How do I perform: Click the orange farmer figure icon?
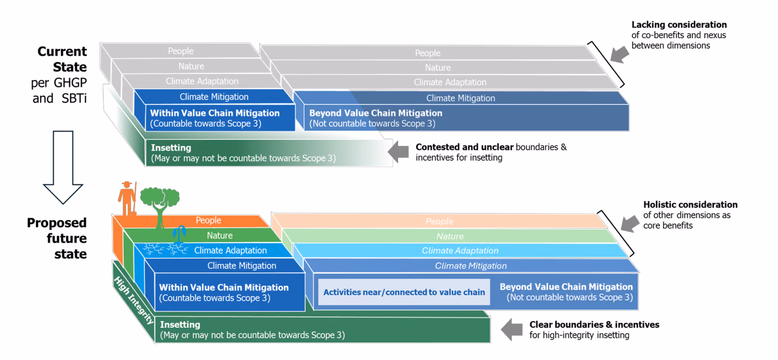pyautogui.click(x=127, y=199)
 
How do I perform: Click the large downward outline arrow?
pyautogui.click(x=63, y=167)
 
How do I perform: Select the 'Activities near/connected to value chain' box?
pyautogui.click(x=404, y=292)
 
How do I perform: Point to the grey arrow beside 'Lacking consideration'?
pyautogui.click(x=620, y=54)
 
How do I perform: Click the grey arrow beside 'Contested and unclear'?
pyautogui.click(x=398, y=152)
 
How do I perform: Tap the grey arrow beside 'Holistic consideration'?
pyautogui.click(x=630, y=224)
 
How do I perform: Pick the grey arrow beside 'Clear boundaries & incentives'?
pyautogui.click(x=511, y=329)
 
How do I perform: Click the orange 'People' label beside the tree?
pyautogui.click(x=208, y=220)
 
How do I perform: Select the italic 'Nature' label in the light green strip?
pyautogui.click(x=450, y=236)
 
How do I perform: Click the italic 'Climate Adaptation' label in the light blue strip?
pyautogui.click(x=460, y=251)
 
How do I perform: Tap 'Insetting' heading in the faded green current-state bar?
pyautogui.click(x=171, y=148)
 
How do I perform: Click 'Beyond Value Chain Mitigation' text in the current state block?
pyautogui.click(x=376, y=113)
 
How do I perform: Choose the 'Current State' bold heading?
pyautogui.click(x=62, y=59)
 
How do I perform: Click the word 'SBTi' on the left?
pyautogui.click(x=74, y=98)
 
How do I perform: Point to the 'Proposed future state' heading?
pyautogui.click(x=57, y=238)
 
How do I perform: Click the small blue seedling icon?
pyautogui.click(x=179, y=233)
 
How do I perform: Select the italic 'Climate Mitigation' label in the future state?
pyautogui.click(x=471, y=266)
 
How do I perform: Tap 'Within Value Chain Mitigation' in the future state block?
pyautogui.click(x=224, y=287)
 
